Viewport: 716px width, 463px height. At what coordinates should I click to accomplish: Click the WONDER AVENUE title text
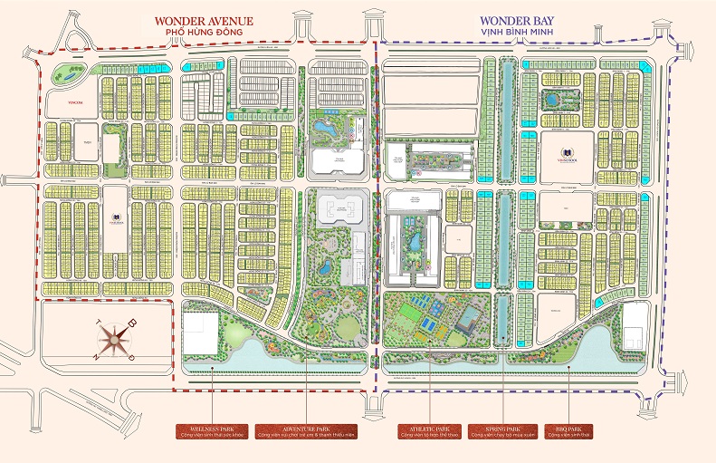click(x=203, y=20)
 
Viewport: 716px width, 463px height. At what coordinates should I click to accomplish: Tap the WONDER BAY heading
click(x=511, y=20)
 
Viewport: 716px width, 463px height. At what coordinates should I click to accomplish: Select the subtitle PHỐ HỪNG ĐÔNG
click(x=203, y=33)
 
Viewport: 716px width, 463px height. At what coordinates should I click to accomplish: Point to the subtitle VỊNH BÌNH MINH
click(x=511, y=33)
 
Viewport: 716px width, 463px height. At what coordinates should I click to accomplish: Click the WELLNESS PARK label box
click(x=213, y=430)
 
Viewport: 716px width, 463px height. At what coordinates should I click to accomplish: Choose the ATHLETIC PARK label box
click(x=429, y=430)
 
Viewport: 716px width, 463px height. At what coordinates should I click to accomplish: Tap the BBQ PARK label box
click(x=568, y=430)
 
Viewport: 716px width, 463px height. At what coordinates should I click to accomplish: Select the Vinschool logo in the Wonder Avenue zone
click(x=115, y=217)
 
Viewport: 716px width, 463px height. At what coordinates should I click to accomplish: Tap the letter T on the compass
click(x=95, y=323)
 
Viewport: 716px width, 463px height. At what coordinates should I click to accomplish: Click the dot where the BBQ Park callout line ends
click(x=568, y=366)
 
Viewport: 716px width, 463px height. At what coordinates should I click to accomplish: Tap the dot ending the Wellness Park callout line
click(x=213, y=366)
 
